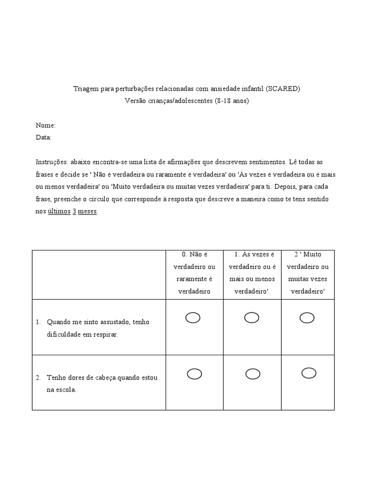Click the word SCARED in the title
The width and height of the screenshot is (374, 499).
point(283,89)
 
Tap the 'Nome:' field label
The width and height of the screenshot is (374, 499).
point(46,125)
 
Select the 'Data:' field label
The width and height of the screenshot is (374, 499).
point(44,137)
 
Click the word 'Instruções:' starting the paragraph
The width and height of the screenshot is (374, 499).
point(52,162)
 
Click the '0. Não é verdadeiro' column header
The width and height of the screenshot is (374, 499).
point(194,273)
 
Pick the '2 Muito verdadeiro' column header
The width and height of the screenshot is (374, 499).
point(307,273)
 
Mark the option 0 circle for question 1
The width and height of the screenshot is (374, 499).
point(193,318)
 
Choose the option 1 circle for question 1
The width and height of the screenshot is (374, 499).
point(252,318)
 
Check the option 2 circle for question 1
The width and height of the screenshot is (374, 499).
point(307,318)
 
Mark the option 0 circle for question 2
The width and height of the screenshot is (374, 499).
point(194,374)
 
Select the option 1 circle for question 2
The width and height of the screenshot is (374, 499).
point(253,374)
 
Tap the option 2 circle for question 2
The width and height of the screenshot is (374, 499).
point(309,373)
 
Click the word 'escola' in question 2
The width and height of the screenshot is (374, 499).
point(67,390)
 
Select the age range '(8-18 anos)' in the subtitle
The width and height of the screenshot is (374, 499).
point(232,101)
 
